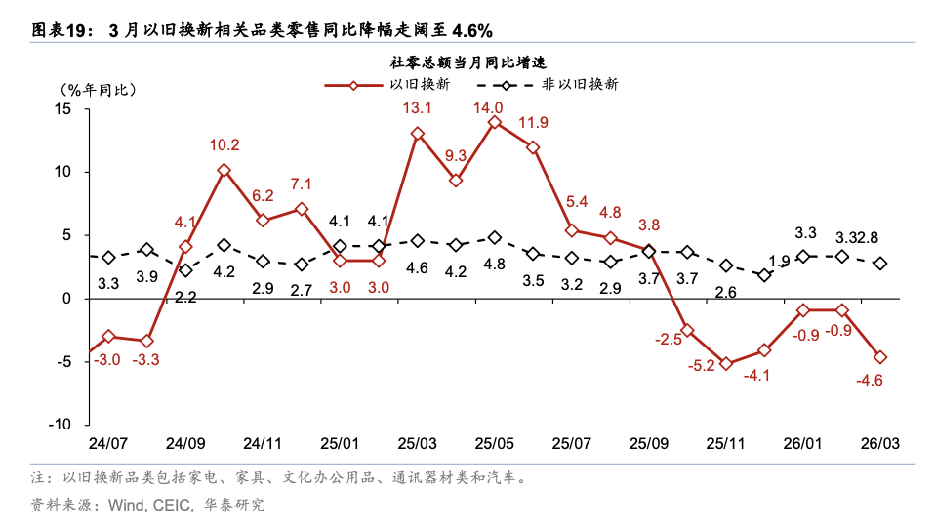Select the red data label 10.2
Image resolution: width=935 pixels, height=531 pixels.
click(x=224, y=145)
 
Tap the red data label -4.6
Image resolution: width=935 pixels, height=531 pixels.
click(x=869, y=381)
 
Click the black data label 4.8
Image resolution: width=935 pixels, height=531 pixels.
click(x=495, y=264)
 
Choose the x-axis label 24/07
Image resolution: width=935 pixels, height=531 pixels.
click(x=108, y=443)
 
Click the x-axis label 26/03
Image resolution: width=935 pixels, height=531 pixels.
click(x=879, y=443)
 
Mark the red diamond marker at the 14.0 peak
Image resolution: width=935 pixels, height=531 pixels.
click(x=495, y=122)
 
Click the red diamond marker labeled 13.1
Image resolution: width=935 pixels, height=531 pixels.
click(x=418, y=134)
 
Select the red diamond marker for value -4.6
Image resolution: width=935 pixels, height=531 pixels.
click(x=880, y=357)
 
